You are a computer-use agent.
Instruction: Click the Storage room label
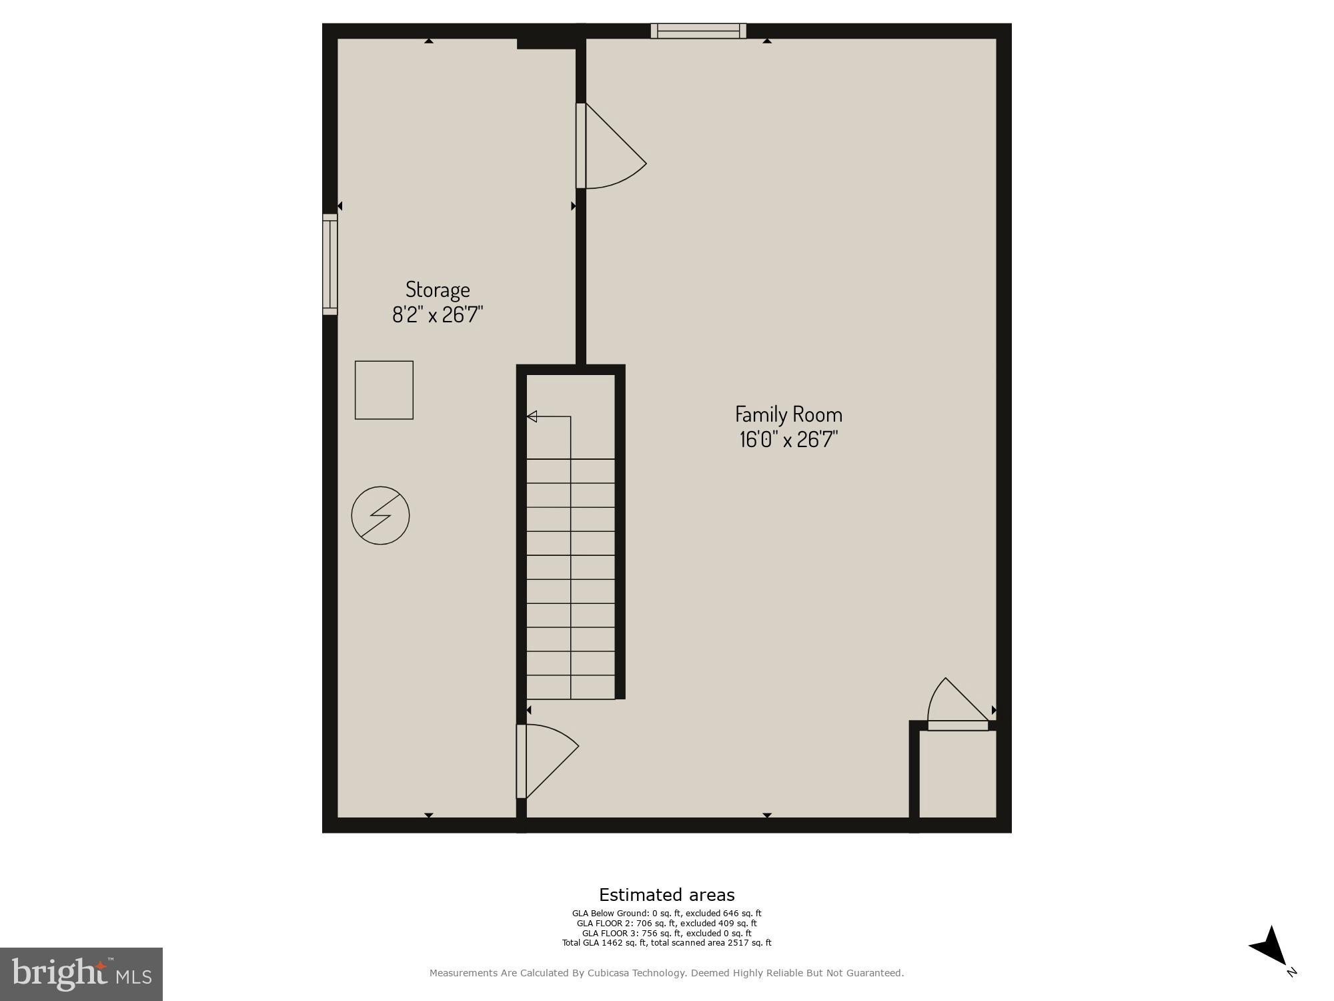(x=438, y=289)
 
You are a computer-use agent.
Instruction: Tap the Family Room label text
(x=788, y=414)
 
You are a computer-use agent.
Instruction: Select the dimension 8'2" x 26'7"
(x=438, y=314)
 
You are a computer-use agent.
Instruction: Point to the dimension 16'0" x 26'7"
(x=788, y=440)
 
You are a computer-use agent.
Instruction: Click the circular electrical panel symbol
(x=380, y=515)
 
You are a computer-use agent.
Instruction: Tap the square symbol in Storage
(x=384, y=390)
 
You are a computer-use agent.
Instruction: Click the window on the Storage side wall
(x=330, y=264)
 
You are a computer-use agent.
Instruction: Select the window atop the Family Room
(x=698, y=31)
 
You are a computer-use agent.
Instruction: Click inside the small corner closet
(x=958, y=774)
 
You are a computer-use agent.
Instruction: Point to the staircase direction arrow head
(x=532, y=416)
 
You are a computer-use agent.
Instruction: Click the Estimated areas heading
(x=666, y=895)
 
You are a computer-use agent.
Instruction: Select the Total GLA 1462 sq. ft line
(x=666, y=943)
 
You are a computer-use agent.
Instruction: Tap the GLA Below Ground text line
(x=666, y=914)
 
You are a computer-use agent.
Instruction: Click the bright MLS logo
(x=81, y=974)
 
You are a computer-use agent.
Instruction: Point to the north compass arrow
(x=1271, y=948)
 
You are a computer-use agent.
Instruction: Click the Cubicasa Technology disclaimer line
(x=666, y=973)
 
